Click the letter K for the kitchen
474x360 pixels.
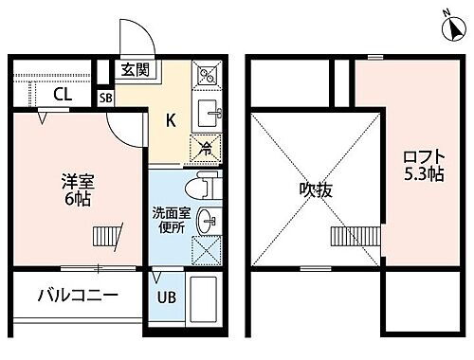pyautogui.click(x=172, y=120)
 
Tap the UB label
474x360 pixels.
pyautogui.click(x=165, y=296)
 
